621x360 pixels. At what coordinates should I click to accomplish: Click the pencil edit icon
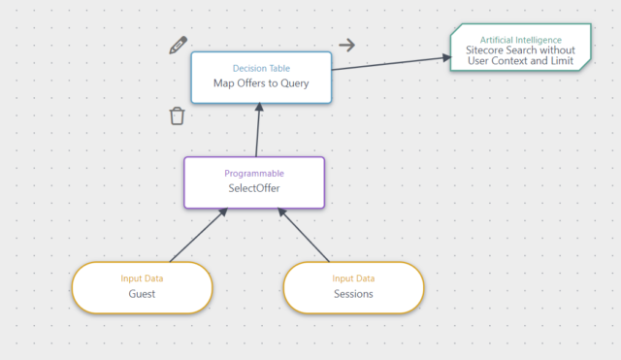178,45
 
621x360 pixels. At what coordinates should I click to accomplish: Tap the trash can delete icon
177,116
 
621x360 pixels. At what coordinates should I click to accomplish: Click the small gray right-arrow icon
346,45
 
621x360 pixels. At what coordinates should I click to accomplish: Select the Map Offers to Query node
261,77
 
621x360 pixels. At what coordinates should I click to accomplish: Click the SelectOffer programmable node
255,181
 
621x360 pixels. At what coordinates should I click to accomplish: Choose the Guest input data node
142,287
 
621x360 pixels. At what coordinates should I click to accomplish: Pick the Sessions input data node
353,287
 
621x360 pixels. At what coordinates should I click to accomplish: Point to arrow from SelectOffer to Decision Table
257,130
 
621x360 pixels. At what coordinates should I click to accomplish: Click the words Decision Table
261,68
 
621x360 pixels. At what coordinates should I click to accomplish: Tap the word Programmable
254,173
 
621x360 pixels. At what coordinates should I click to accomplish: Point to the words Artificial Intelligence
520,40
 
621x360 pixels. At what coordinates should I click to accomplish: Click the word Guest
142,294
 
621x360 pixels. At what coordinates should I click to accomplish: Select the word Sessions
353,294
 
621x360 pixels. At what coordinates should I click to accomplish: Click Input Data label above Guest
142,278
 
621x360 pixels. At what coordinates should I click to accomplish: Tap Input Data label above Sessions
353,278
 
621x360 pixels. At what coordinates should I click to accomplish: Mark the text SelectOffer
254,188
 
